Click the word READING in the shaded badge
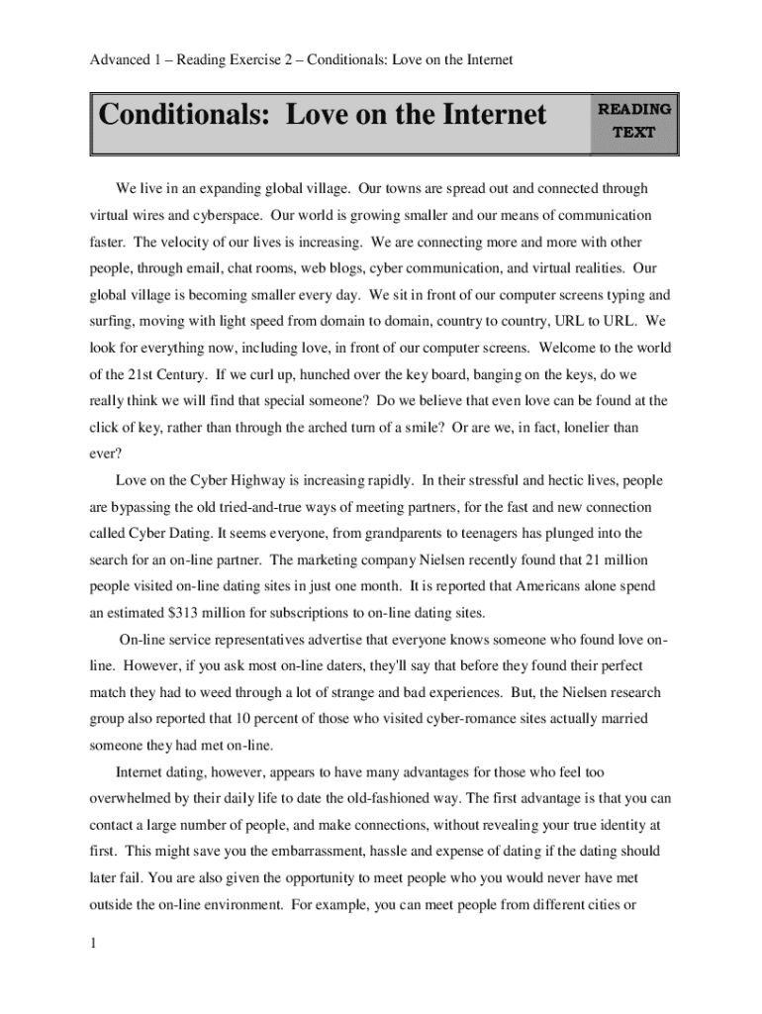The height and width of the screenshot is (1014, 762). click(x=633, y=109)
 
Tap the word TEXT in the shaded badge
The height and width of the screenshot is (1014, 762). click(x=633, y=132)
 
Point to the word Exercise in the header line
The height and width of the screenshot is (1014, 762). click(x=255, y=60)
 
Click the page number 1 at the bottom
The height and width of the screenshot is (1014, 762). click(x=92, y=943)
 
